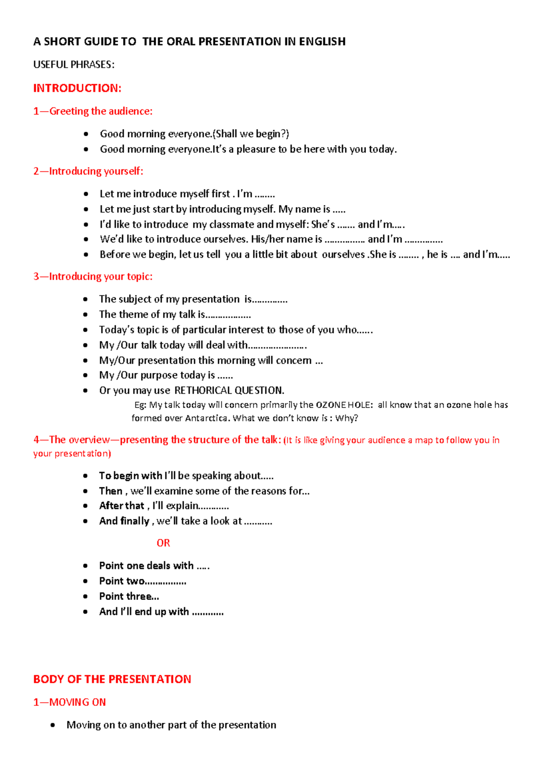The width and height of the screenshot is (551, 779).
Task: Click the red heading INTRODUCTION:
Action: tap(77, 88)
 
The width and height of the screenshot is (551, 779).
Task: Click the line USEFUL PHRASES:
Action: tap(73, 65)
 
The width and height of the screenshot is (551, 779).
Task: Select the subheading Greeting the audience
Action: tap(93, 111)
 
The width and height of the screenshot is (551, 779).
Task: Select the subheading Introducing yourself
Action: tap(88, 171)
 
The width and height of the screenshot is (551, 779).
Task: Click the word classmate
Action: tap(231, 225)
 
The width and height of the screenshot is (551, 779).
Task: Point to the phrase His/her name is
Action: tap(286, 239)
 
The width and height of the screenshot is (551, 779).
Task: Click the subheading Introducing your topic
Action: tap(93, 277)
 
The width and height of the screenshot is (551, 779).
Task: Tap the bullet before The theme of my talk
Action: tap(85, 315)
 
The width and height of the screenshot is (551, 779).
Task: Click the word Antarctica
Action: tap(207, 418)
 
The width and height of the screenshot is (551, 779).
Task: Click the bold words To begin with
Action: tap(130, 476)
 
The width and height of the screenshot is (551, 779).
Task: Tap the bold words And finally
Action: tap(124, 521)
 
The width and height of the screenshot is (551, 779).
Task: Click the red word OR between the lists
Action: tap(163, 543)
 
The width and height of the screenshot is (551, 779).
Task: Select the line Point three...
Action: tap(129, 597)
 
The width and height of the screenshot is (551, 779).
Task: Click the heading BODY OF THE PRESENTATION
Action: tap(112, 679)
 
